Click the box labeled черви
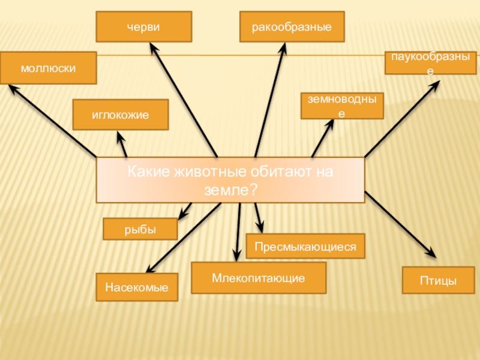pos(144,27)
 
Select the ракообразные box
pos(292,27)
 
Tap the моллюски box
pos(48,68)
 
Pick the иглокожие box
pos(120,115)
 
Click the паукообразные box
pos(430,63)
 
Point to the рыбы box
pos(140,229)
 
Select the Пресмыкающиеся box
pos(305,247)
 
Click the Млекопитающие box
pos(259,278)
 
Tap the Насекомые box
pos(137,287)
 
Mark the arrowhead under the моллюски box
pos(11,89)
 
